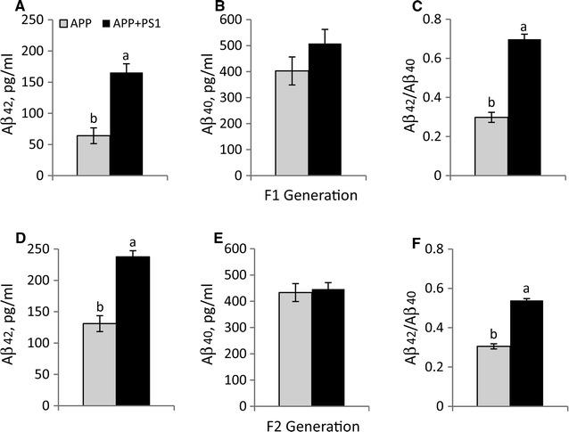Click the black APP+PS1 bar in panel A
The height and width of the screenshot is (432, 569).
pos(126,124)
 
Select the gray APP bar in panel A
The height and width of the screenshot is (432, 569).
pos(93,155)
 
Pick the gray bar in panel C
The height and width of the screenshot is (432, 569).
pos(491,146)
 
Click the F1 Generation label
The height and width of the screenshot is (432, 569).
pos(308,195)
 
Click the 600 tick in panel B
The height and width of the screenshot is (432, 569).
pos(254,20)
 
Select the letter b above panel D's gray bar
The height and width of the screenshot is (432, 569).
pos(98,301)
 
